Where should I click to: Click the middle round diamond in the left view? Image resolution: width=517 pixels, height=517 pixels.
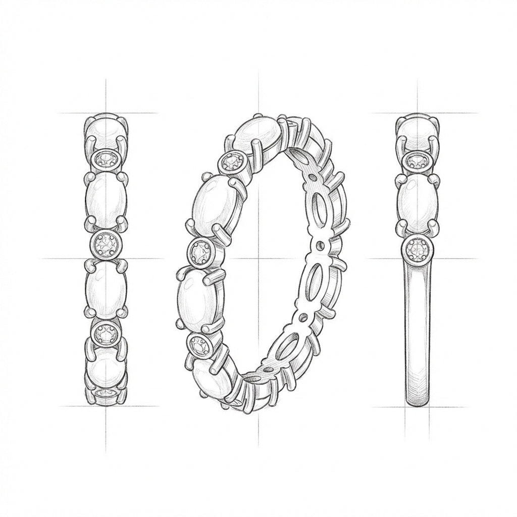[x=106, y=245]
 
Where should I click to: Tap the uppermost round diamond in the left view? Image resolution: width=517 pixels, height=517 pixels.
[x=106, y=161]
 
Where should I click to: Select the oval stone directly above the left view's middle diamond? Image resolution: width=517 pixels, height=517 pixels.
[x=106, y=201]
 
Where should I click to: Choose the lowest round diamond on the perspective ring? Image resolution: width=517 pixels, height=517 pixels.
[x=199, y=346]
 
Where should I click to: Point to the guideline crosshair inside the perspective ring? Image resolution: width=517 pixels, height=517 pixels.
[x=258, y=258]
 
